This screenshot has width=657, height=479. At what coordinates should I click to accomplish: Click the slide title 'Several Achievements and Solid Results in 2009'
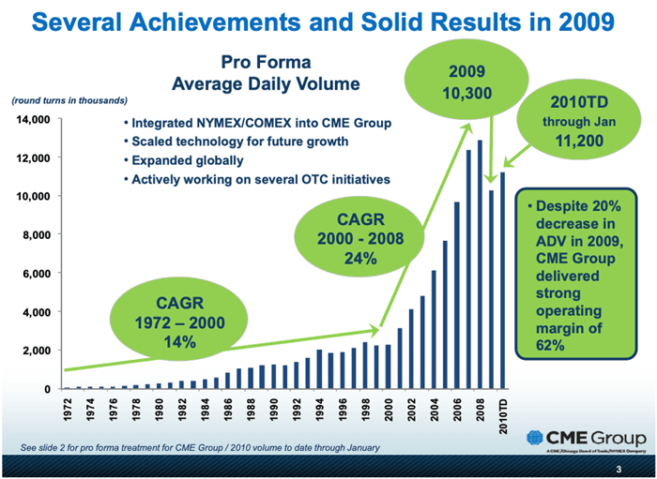click(x=328, y=21)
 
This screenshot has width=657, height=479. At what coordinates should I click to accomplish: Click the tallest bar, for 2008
click(x=480, y=262)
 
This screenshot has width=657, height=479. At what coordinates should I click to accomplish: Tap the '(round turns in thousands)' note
click(x=68, y=99)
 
